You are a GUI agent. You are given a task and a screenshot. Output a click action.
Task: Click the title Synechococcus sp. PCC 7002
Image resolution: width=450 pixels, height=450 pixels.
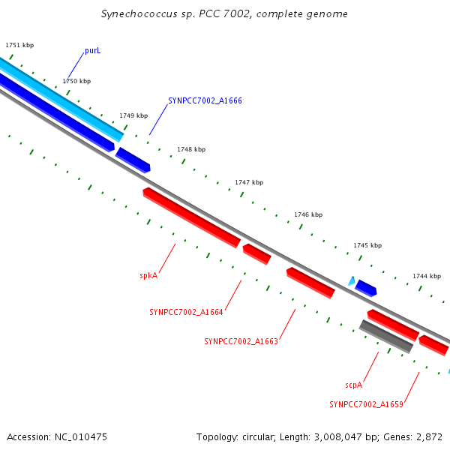point(224,14)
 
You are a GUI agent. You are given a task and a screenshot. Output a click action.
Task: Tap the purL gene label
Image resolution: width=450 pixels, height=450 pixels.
point(92,50)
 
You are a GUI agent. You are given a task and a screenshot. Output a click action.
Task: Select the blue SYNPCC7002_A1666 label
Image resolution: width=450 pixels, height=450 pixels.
point(205,100)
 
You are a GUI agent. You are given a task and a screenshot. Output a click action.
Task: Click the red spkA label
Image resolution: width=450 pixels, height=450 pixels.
point(148,275)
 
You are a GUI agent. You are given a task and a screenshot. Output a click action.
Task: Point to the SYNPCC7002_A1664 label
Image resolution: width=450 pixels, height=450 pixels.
point(186,312)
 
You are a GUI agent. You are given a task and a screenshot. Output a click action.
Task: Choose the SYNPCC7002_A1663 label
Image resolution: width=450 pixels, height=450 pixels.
point(241,341)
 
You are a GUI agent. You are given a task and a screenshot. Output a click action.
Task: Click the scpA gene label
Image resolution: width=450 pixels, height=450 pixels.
point(354,385)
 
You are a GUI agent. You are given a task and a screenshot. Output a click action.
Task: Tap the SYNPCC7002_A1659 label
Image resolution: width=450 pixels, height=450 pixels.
point(366,404)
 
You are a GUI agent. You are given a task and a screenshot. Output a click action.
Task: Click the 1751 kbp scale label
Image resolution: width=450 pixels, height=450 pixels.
point(19,46)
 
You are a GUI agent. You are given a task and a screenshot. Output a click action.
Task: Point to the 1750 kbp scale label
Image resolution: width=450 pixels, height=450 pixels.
point(76,81)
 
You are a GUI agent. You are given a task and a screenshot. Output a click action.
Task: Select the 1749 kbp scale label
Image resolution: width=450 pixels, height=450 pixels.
point(133,116)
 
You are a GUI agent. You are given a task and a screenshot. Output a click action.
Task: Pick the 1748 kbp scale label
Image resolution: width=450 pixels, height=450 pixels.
point(191,150)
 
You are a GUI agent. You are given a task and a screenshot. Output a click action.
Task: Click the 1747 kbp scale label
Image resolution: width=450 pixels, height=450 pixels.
point(249,182)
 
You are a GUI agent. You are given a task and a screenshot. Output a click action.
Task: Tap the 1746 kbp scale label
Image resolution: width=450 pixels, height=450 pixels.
point(308,214)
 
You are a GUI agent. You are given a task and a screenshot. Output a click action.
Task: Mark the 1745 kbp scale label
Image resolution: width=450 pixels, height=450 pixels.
point(367,245)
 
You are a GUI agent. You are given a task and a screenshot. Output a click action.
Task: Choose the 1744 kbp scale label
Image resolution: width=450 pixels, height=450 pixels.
point(427,276)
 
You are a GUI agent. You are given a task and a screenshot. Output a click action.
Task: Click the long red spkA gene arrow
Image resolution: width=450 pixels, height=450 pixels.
point(192,217)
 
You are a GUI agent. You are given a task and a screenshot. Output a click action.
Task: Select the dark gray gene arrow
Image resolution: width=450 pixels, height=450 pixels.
point(385,337)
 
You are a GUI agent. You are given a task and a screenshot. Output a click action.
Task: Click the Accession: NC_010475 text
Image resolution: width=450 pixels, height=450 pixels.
point(57,436)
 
